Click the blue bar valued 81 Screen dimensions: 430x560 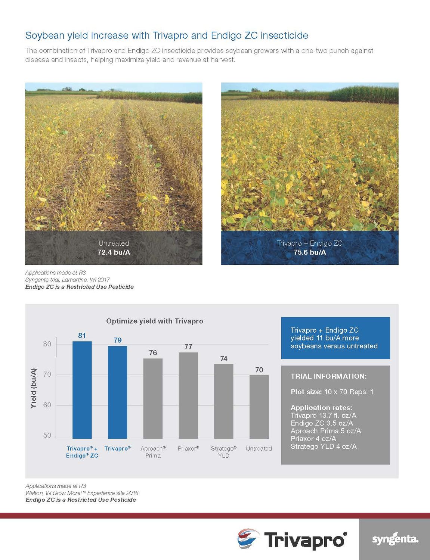(x=82, y=390)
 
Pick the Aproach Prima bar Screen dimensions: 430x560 (x=153, y=398)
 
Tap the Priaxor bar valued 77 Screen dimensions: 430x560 (x=188, y=395)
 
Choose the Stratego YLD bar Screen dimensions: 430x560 (x=223, y=401)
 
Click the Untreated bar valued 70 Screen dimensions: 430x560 (x=259, y=407)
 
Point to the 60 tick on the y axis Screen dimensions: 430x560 (x=47, y=405)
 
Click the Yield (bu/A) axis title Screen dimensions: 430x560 (x=34, y=388)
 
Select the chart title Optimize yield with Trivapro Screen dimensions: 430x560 (x=155, y=321)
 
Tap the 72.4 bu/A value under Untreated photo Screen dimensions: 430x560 (x=114, y=252)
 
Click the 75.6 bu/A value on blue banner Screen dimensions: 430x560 (x=310, y=252)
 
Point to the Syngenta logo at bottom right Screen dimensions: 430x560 (x=395, y=539)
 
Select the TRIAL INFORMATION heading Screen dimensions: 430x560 (x=328, y=376)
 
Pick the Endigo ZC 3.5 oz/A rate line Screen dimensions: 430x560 (x=322, y=423)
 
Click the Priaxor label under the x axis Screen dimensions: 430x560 (x=188, y=448)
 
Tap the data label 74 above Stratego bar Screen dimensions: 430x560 (x=223, y=359)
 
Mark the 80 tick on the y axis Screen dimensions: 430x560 (x=47, y=344)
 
